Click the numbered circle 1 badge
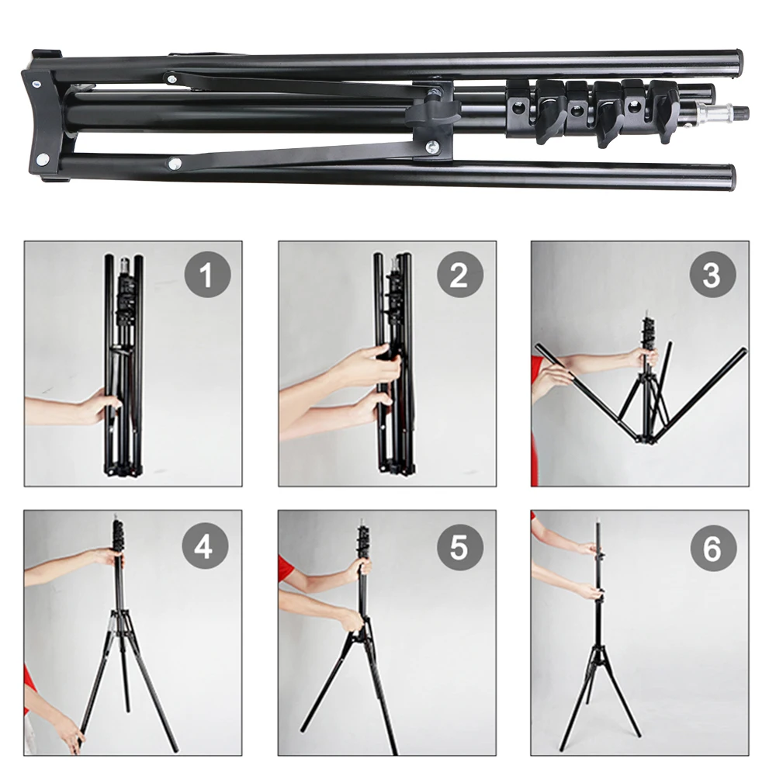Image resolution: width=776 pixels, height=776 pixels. point(206,275)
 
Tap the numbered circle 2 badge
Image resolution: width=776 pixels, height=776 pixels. point(459,275)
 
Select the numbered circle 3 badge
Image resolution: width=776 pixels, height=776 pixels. point(712,275)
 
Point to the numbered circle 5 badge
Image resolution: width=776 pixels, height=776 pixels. point(459,547)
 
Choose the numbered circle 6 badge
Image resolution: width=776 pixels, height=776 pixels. point(712,547)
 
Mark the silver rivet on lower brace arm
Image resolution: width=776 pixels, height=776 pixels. point(175,163)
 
